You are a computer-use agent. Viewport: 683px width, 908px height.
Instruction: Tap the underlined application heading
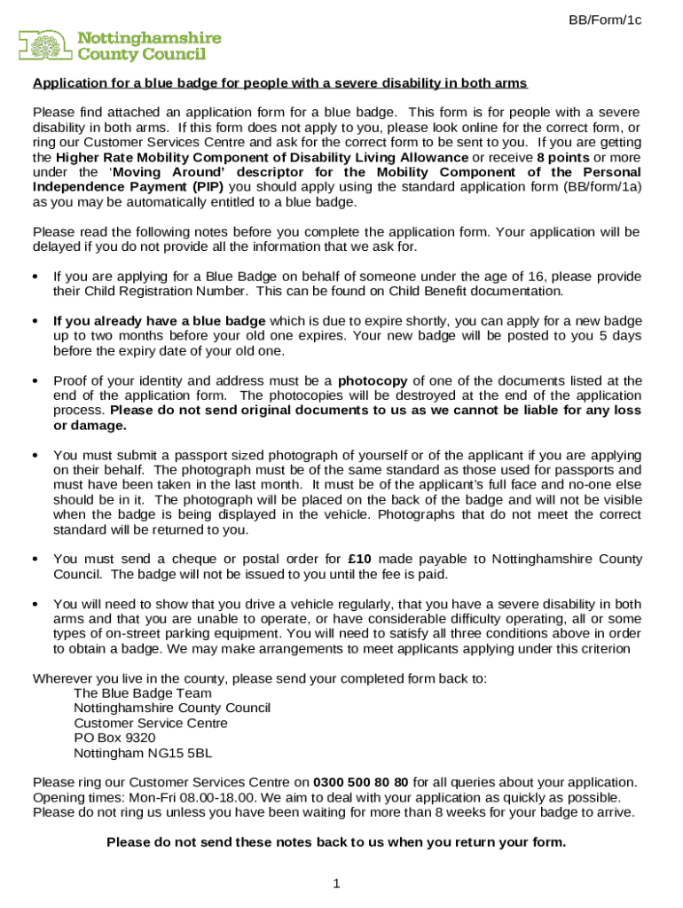click(x=280, y=83)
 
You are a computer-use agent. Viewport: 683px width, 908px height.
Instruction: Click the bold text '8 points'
click(x=563, y=157)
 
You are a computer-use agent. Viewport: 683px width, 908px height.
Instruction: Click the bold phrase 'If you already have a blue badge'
click(x=159, y=321)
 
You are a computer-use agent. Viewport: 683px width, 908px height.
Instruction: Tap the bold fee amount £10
click(x=359, y=559)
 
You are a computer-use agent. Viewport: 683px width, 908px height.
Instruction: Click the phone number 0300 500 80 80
click(x=360, y=782)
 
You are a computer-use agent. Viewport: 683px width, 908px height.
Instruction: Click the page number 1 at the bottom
click(x=336, y=883)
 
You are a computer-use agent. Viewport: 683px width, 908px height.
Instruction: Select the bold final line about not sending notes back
click(x=335, y=842)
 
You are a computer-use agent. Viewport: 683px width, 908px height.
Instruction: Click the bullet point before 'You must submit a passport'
click(x=35, y=455)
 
